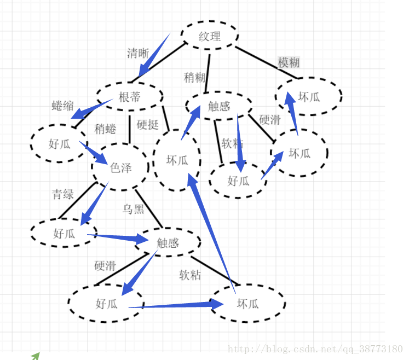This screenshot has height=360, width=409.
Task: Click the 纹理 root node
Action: click(210, 37)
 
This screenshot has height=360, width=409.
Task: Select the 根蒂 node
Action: click(130, 97)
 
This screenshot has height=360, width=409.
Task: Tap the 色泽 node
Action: click(121, 167)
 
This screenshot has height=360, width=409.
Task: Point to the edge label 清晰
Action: click(138, 53)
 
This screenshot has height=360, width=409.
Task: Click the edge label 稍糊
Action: click(194, 77)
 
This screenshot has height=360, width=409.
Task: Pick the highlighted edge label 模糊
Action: click(289, 62)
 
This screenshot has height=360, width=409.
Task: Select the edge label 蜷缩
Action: click(62, 106)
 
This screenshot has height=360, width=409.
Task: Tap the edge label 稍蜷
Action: click(105, 129)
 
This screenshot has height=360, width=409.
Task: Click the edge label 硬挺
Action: click(147, 125)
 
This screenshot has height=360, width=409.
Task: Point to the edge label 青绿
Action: click(63, 194)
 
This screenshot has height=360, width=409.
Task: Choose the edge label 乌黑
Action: click(134, 209)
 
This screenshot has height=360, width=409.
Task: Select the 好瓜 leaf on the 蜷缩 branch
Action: click(59, 144)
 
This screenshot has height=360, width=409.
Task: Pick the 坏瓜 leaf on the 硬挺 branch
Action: click(177, 160)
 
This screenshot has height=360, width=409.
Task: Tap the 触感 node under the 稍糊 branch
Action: click(219, 106)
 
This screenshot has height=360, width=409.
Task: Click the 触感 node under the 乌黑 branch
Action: click(168, 242)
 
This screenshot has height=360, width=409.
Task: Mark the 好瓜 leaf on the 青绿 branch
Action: click(64, 234)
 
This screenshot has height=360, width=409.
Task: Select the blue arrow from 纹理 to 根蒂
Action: click(153, 55)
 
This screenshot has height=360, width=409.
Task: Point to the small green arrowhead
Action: click(36, 356)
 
